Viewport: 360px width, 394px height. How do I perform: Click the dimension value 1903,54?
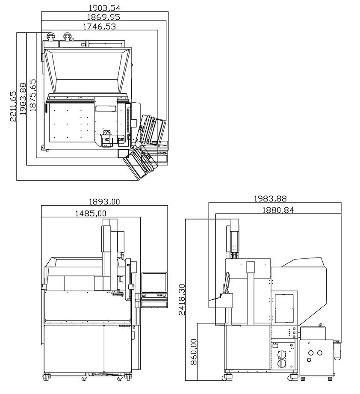point(104,8)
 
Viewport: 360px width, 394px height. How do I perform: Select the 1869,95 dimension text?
point(103,17)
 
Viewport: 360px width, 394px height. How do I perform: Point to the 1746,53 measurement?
point(100,27)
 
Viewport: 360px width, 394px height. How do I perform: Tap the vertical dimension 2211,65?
point(13,106)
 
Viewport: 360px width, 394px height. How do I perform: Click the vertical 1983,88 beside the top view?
point(23,99)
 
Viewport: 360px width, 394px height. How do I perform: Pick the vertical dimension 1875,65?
point(32,95)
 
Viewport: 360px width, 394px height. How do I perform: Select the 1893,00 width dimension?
point(104,202)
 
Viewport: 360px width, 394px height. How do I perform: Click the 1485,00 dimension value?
point(91,213)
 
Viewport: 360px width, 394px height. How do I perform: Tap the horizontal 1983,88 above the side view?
point(270,198)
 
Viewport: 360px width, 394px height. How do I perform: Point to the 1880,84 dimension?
point(278,210)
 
